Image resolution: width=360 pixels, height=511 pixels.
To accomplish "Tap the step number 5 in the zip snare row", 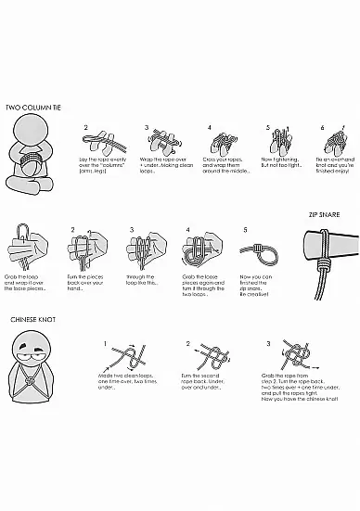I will click(x=245, y=228).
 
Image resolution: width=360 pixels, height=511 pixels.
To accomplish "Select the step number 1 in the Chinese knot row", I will click(x=107, y=343).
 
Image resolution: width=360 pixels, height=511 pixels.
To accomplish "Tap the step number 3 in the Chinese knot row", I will click(x=268, y=343).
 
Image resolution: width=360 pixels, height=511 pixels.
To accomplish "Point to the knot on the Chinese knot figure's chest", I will click(x=34, y=381).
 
